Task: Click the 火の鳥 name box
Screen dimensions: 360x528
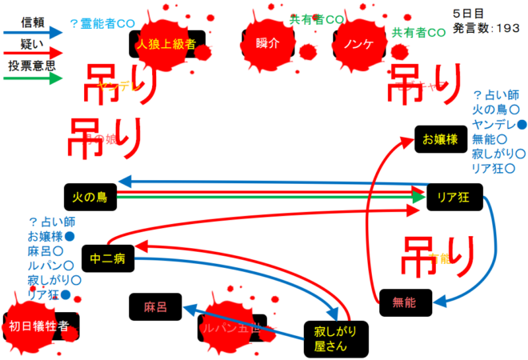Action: (90, 196)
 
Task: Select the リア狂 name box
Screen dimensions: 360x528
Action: (452, 196)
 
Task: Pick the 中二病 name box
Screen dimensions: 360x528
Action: (106, 258)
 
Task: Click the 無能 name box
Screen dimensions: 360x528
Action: (405, 302)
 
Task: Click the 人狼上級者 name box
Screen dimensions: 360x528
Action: (167, 44)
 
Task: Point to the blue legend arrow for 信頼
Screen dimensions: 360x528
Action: (32, 33)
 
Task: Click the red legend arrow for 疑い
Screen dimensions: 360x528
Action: (32, 54)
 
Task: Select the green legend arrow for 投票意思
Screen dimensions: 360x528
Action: (32, 79)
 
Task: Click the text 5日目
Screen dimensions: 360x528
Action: (469, 14)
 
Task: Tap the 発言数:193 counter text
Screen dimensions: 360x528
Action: (486, 28)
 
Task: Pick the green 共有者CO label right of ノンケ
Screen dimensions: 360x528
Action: (418, 33)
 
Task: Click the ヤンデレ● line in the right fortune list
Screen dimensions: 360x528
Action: (499, 124)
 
